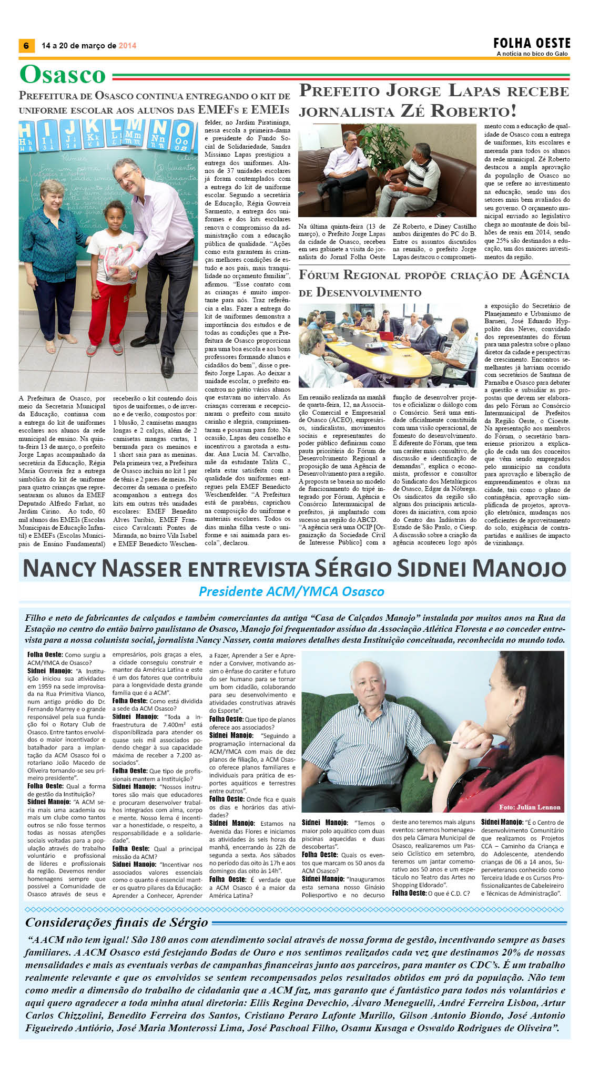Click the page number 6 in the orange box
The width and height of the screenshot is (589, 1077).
pos(26,46)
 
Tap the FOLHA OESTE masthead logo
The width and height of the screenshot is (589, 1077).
pos(532,43)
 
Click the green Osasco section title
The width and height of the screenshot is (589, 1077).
pos(63,75)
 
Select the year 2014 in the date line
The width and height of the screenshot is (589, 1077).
pos(127,46)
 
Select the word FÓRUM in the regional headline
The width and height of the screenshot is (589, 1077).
pos(319,275)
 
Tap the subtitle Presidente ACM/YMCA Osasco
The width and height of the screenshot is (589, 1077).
pos(291,591)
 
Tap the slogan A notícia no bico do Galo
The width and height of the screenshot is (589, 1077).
pos(532,54)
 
